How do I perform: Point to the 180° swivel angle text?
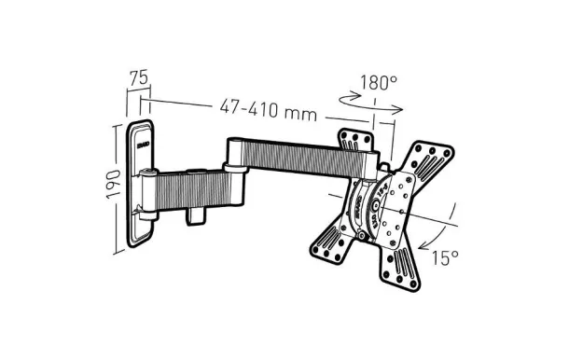coord(379,83)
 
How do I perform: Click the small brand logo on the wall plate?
coord(146,144)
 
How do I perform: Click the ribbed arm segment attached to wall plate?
coord(196,186)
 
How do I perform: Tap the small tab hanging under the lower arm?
coord(195,214)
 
